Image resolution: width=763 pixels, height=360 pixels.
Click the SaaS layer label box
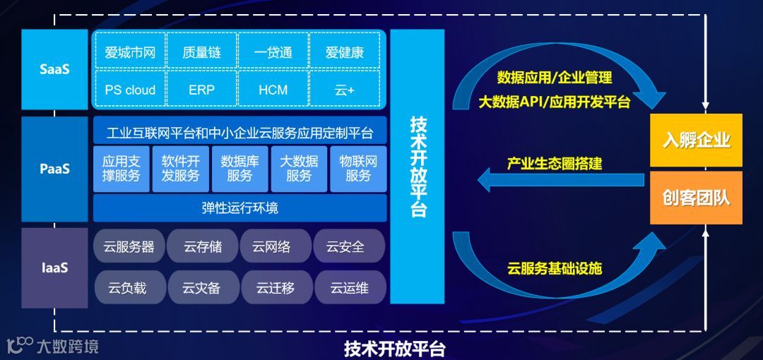(x=54, y=69)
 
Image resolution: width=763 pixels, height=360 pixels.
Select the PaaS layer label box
(x=54, y=169)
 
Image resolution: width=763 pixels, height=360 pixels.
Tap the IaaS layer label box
(x=54, y=268)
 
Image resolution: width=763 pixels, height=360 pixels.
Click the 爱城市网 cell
(x=130, y=52)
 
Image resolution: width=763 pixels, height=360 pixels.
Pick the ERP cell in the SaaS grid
(x=201, y=90)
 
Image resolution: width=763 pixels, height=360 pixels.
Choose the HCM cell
(x=273, y=90)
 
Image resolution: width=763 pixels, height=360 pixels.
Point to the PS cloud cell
(x=130, y=90)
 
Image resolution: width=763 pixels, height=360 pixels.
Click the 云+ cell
(x=345, y=90)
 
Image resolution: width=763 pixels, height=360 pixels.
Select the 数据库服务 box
(x=240, y=169)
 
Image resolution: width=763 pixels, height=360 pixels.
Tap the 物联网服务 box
(x=358, y=169)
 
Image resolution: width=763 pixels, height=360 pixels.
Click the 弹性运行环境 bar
(x=240, y=208)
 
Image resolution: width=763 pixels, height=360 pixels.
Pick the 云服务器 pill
(x=129, y=246)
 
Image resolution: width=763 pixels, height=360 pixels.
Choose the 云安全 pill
(x=348, y=246)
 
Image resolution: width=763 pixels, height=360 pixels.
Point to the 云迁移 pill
(x=276, y=287)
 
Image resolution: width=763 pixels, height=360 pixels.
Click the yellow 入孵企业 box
(x=696, y=140)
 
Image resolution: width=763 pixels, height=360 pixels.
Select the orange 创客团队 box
(x=696, y=198)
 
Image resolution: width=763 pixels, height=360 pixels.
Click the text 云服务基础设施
(x=555, y=268)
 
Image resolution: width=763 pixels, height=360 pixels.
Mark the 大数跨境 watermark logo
(x=53, y=346)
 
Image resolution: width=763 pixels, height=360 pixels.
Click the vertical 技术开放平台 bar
(x=418, y=167)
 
